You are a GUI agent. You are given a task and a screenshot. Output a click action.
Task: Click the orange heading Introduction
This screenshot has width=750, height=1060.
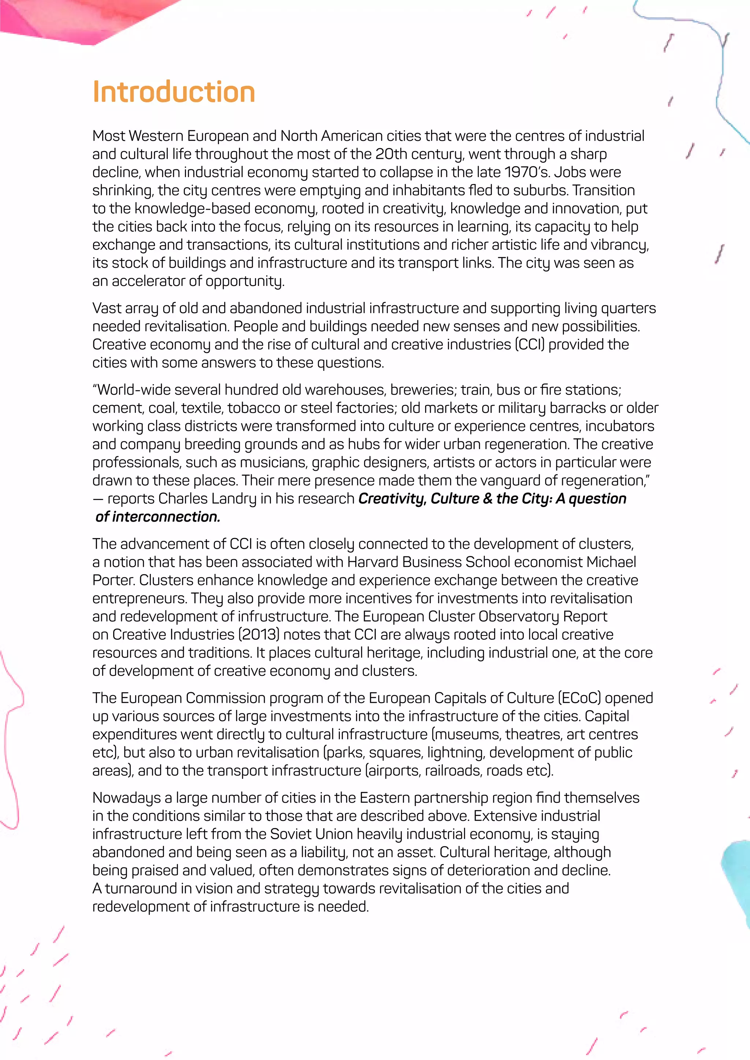174,92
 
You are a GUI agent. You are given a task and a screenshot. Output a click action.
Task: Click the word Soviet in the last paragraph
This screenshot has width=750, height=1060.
292,834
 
